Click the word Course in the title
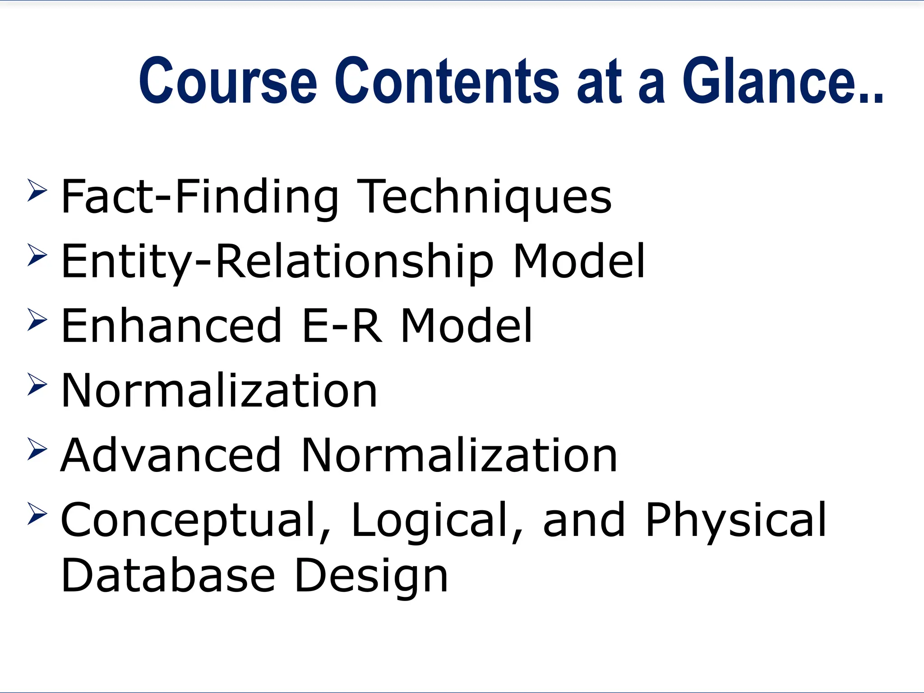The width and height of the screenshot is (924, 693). click(228, 81)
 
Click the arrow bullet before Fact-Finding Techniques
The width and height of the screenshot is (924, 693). click(37, 190)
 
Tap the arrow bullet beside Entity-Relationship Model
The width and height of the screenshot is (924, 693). click(37, 255)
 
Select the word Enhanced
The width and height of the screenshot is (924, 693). click(171, 326)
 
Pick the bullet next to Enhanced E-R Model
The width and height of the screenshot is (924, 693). click(37, 319)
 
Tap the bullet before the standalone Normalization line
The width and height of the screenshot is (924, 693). click(37, 384)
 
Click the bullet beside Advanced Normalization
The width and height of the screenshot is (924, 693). click(37, 449)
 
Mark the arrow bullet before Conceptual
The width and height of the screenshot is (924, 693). click(37, 513)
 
